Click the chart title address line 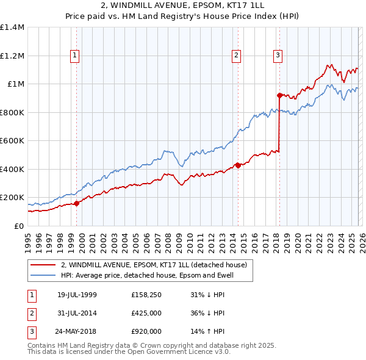183,5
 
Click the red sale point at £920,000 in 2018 279,95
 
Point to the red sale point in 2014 238,165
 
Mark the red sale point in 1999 76,203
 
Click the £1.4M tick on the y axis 12,27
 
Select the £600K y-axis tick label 12,141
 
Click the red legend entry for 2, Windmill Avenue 153,265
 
